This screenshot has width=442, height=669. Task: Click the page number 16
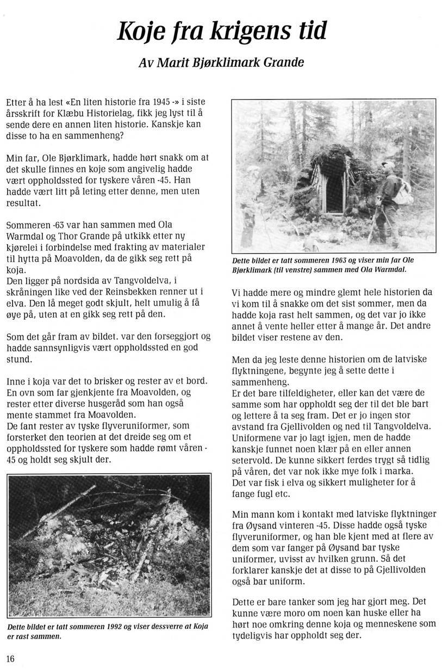[x=10, y=659]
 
